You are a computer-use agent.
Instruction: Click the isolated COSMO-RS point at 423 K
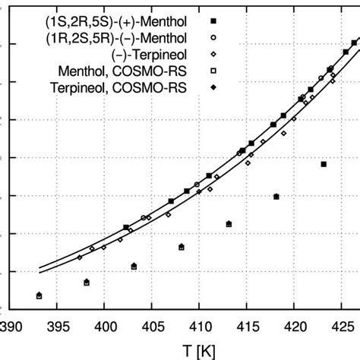tap(324, 164)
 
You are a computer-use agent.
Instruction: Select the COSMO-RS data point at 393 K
tap(39, 295)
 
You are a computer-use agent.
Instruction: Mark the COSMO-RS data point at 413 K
tap(229, 224)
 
